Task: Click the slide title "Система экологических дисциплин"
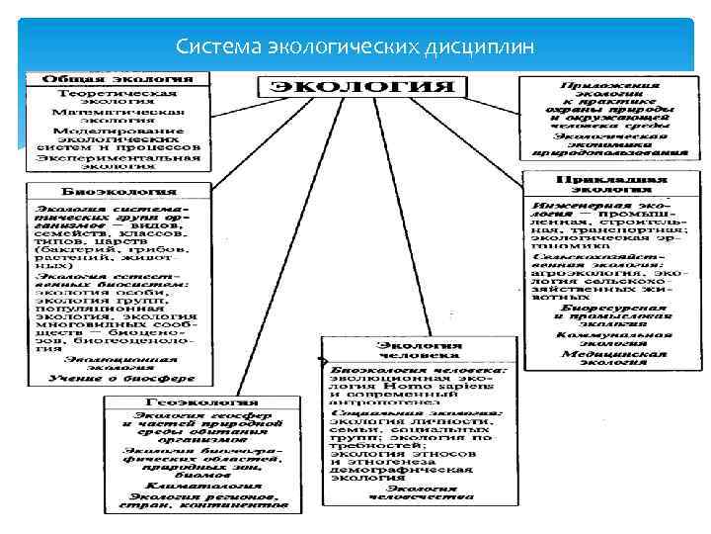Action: pos(355,45)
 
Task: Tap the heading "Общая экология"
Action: pos(117,77)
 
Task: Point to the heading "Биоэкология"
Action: pos(108,189)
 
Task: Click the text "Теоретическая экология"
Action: pos(117,99)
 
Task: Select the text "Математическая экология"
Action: pos(118,119)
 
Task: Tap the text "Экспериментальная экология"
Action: pos(118,161)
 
